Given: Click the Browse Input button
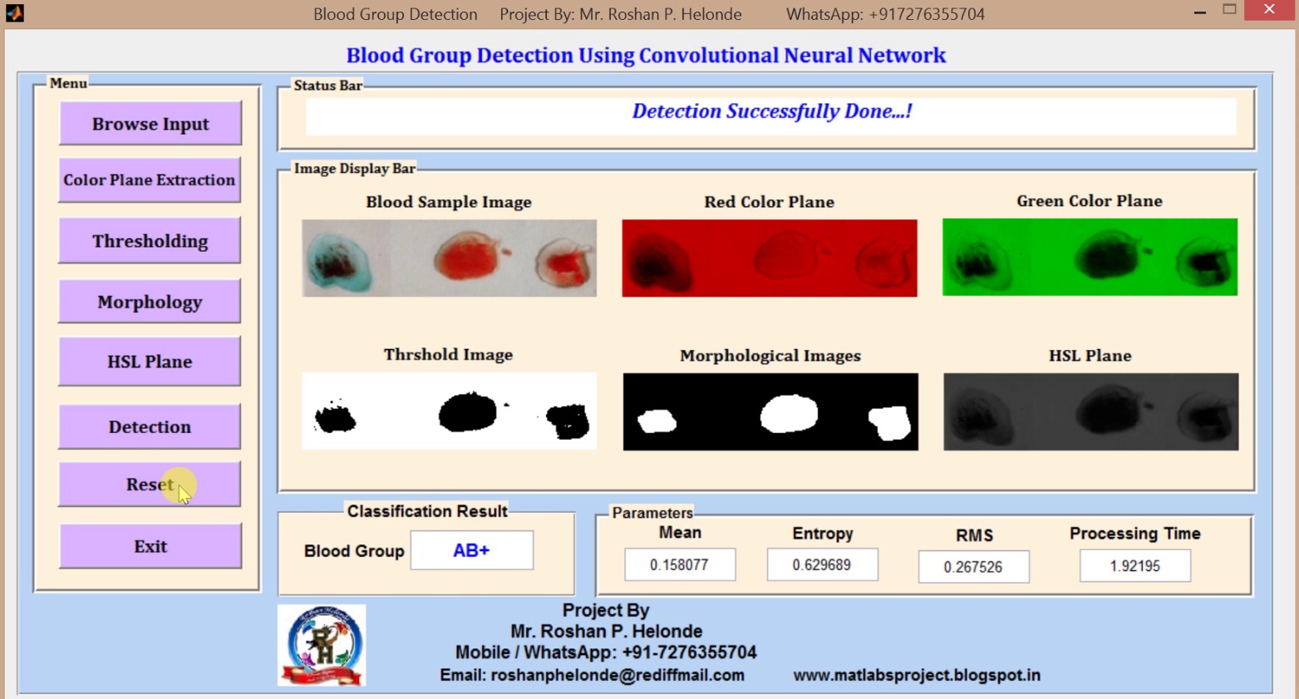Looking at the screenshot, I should pos(150,124).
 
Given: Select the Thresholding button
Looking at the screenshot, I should pos(150,241).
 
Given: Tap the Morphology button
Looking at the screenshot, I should pos(150,302).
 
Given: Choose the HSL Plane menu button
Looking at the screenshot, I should pos(150,362).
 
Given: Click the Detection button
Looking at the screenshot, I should pos(150,426).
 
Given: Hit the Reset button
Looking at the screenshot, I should pos(150,485).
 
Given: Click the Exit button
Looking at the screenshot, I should pos(150,546).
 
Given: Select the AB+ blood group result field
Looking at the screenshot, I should pos(471,550).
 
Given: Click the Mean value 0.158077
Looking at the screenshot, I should pos(679,565).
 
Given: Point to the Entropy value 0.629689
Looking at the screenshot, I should pos(821,565).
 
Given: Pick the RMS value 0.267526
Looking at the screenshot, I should pos(972,567).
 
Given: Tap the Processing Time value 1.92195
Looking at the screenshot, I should pos(1134,566).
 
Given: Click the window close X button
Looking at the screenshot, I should pos(1268,10).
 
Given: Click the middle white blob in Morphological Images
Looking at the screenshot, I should pos(789,413).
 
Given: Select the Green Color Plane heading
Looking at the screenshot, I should pos(1089,201).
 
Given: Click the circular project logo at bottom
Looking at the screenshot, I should pos(322,645).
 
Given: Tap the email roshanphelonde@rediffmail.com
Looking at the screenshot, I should pos(592,675).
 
